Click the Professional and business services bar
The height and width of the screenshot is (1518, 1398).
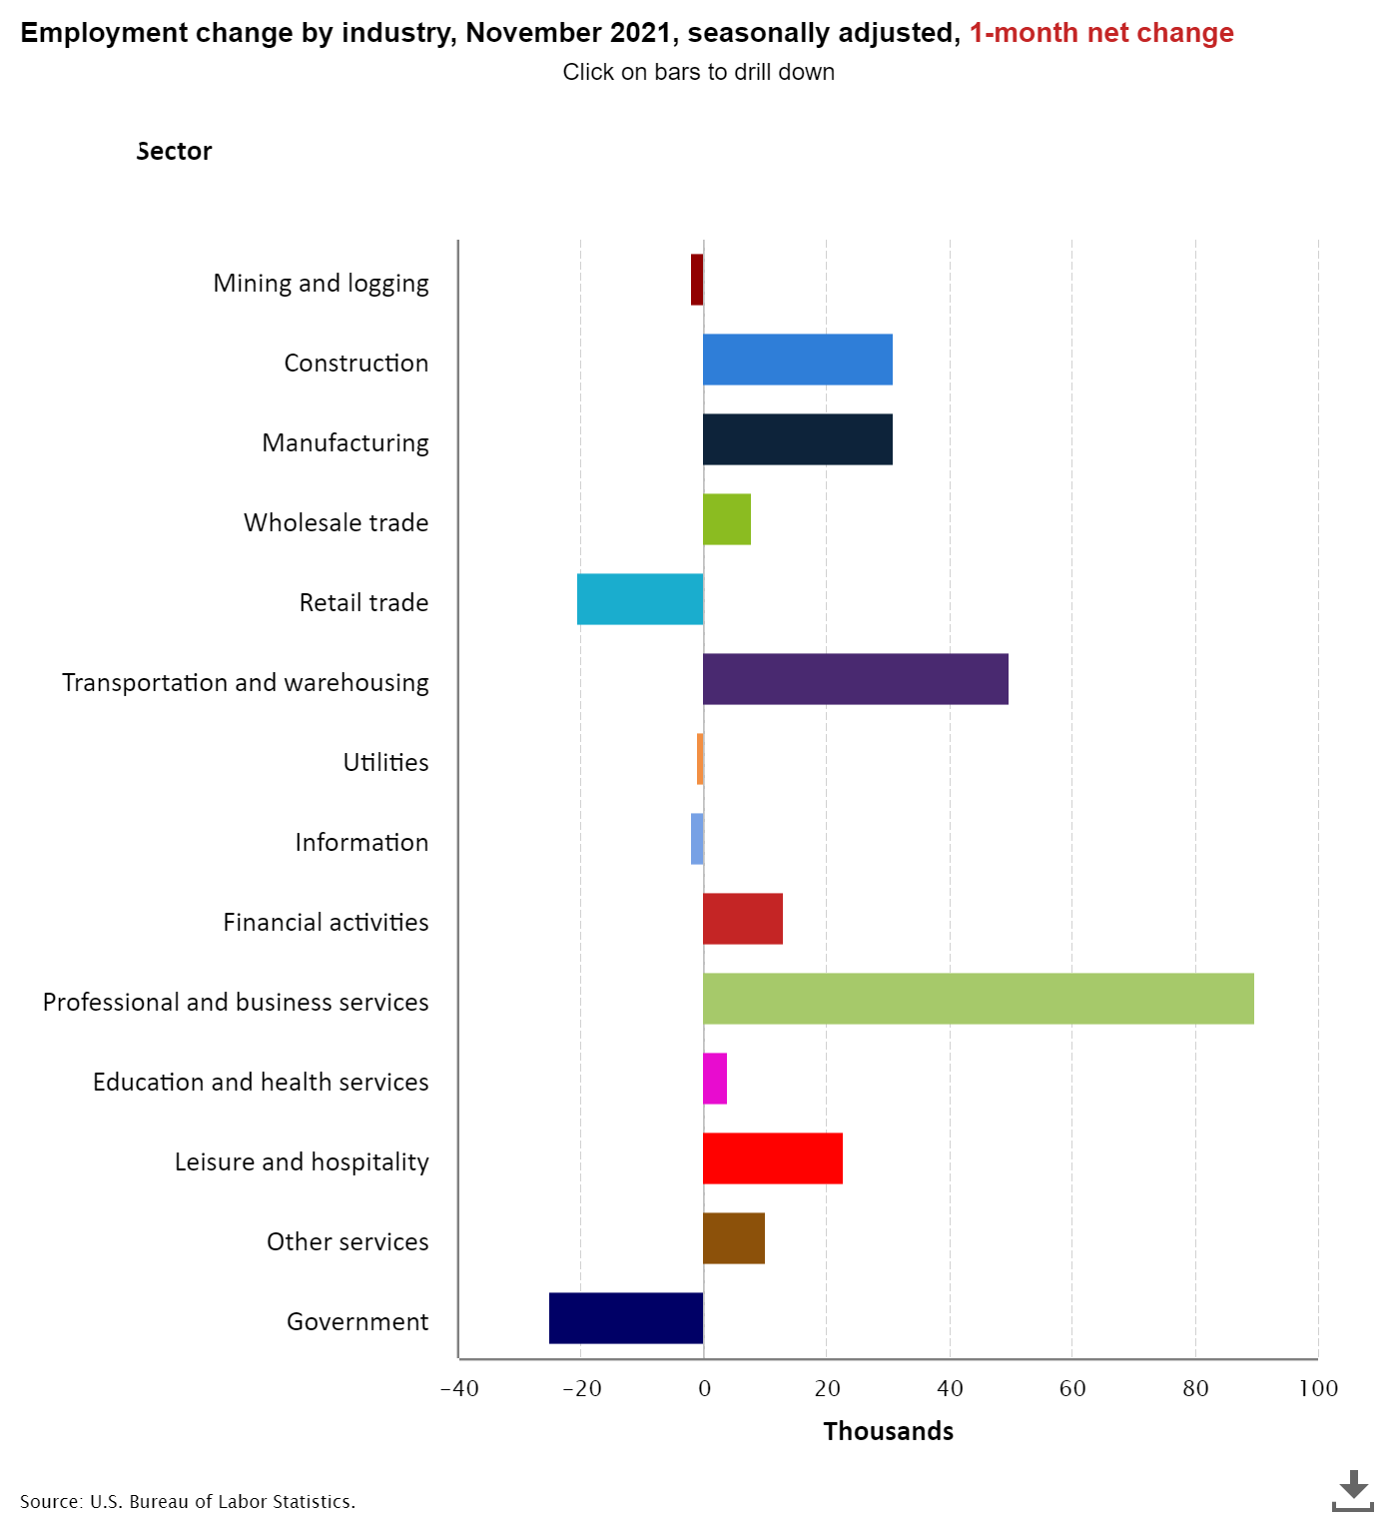point(978,999)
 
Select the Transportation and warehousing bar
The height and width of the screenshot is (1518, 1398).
point(855,679)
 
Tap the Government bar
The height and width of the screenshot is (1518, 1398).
point(626,1318)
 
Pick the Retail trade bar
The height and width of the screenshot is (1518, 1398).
point(640,599)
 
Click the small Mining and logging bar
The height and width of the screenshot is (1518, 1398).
point(697,280)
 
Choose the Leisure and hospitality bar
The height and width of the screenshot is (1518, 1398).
point(772,1158)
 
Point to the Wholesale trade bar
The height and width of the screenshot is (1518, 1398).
point(726,519)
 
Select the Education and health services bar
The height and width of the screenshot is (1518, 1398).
point(715,1079)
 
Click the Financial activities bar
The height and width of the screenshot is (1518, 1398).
point(742,919)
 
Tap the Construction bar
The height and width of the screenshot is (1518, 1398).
point(797,360)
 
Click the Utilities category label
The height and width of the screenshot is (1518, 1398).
point(385,763)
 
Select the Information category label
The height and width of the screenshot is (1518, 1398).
point(361,843)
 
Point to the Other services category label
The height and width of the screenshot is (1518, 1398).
point(348,1242)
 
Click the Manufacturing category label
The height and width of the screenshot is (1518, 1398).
point(346,443)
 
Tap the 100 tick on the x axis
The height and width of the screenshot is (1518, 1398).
point(1318,1388)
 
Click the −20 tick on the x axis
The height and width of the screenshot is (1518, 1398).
point(581,1388)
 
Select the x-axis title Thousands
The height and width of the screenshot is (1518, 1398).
point(888,1431)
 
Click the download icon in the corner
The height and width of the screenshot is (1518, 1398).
point(1353,1490)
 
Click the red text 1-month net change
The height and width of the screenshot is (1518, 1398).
point(1101,33)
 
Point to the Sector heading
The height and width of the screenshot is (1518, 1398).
point(174,151)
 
